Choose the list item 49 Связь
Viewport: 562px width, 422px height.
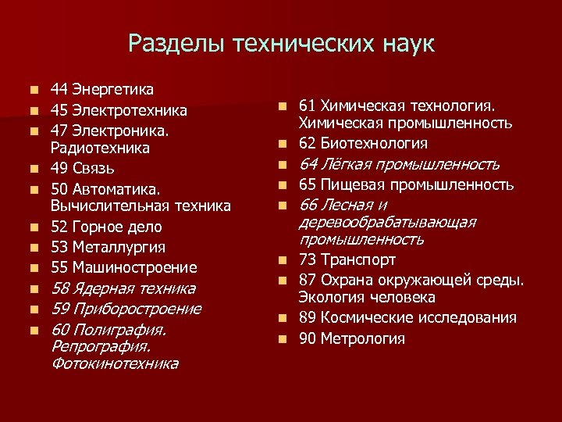pyautogui.click(x=82, y=167)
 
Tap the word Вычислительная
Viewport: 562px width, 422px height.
pyautogui.click(x=113, y=206)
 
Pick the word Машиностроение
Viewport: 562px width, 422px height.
pyautogui.click(x=135, y=267)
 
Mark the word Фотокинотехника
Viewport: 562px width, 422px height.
pyautogui.click(x=114, y=363)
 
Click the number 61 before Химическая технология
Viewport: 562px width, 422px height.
pyautogui.click(x=308, y=105)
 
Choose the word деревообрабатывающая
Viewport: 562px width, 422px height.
pyautogui.click(x=387, y=223)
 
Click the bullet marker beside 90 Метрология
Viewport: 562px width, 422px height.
pyautogui.click(x=286, y=339)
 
